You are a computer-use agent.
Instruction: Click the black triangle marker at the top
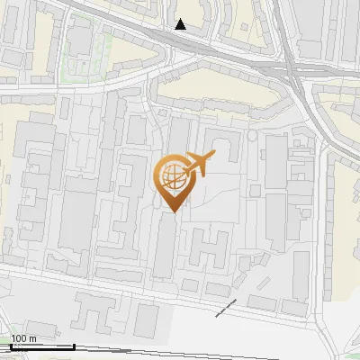tap(181, 24)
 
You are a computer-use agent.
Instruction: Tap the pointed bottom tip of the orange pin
tap(173, 211)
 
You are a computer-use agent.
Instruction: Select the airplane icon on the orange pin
tap(198, 164)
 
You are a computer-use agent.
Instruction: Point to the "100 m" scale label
tap(23, 338)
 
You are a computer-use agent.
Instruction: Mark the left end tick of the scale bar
tap(11, 346)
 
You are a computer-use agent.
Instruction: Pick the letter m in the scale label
tap(32, 338)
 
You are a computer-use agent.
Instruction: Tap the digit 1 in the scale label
tap(13, 338)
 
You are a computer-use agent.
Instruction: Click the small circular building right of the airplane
tap(253, 135)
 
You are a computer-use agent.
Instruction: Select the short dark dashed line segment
tap(226, 308)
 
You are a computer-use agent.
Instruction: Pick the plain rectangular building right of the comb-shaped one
tap(147, 316)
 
